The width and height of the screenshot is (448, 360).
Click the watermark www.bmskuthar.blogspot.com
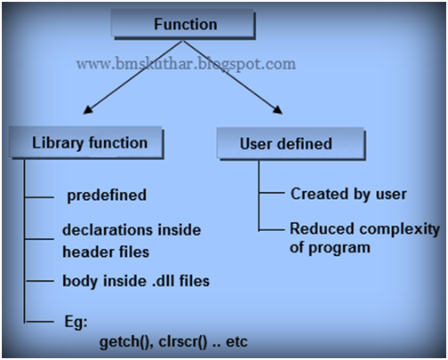tap(186, 64)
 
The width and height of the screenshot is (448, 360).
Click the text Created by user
tap(348, 194)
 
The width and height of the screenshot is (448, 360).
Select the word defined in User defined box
tap(302, 142)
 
